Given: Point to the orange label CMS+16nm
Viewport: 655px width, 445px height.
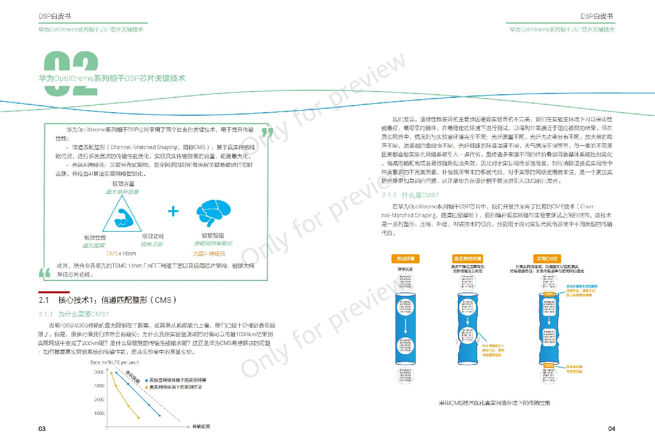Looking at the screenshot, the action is coord(121,254).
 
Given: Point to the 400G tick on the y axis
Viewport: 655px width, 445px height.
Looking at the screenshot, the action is coord(99,385).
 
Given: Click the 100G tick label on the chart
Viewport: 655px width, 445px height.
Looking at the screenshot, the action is coord(99,413).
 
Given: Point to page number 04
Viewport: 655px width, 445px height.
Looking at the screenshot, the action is coord(611,428).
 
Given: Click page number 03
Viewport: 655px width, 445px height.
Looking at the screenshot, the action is coord(42,428).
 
